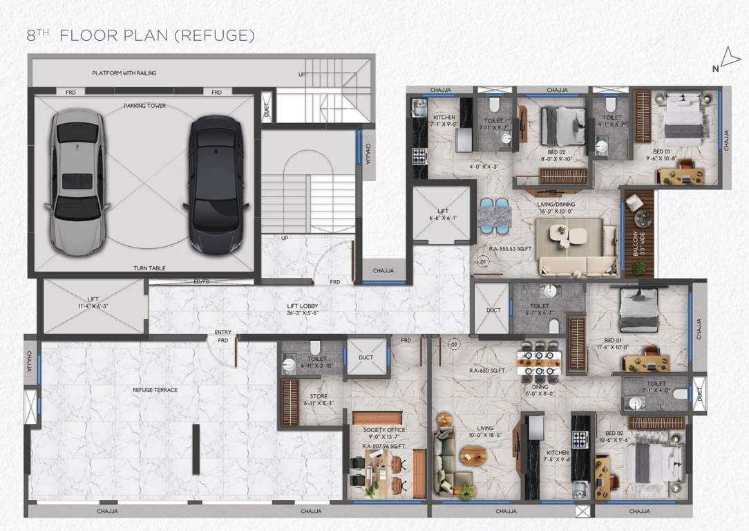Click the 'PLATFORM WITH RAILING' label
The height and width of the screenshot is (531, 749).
point(124,73)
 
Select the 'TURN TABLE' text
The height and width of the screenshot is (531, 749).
point(149,268)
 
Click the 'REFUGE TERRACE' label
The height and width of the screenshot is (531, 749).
point(155,390)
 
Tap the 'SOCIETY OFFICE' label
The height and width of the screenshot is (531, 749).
point(383,429)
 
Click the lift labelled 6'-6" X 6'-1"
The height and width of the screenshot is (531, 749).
point(443,214)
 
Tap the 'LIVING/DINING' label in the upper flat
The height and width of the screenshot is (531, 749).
point(557,204)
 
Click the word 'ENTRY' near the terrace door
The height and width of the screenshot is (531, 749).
point(222,333)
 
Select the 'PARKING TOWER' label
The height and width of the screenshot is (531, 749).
point(144,106)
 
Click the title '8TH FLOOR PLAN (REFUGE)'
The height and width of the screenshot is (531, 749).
point(141,35)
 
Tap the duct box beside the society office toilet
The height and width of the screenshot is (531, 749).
point(366,358)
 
